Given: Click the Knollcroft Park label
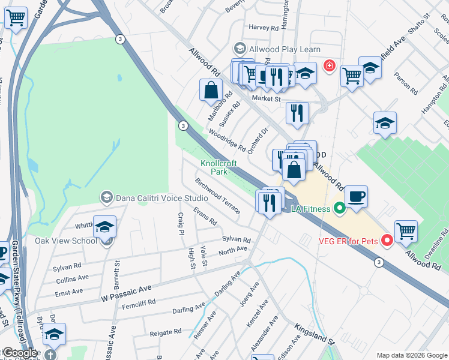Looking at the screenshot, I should coord(218,167).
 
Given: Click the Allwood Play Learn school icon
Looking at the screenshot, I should coord(240,49).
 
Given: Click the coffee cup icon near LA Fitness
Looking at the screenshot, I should coord(356,196).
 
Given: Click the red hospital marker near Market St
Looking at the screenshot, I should coord(329,65).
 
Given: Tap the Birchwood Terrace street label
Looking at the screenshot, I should coord(217,195).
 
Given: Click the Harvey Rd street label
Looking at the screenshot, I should coord(264,28).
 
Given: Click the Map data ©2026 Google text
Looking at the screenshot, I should coord(411,355).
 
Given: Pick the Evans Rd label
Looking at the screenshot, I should coord(205,216).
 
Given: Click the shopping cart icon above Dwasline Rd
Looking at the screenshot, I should coord(406,231).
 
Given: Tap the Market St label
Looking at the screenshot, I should coord(267,98).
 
